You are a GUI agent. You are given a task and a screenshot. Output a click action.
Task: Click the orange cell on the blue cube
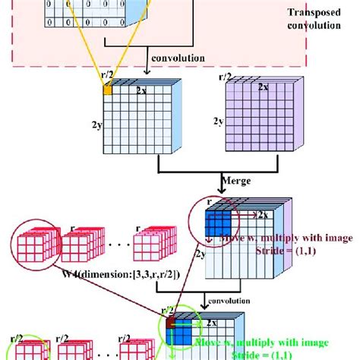click(x=108, y=89)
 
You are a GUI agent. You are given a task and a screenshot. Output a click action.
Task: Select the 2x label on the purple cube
click(x=263, y=87)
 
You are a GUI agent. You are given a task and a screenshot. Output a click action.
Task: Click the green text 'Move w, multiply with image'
click(x=286, y=238)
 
